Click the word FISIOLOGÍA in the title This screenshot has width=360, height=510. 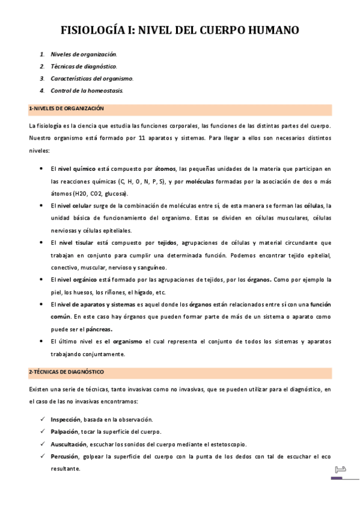tap(99, 31)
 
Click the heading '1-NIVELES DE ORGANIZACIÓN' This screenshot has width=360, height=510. tap(67, 108)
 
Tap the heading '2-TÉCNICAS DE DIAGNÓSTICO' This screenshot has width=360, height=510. tap(66, 372)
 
